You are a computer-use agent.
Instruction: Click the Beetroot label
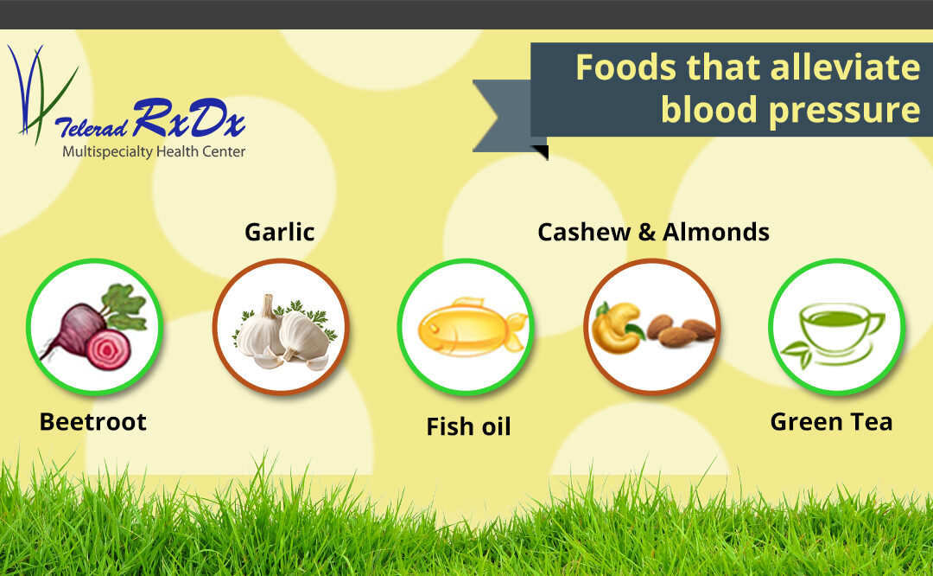tap(92, 422)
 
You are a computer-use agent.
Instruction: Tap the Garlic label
tap(280, 232)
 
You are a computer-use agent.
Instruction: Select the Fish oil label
tap(469, 426)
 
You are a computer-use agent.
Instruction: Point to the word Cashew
tap(584, 232)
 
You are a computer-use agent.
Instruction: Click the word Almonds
tap(716, 232)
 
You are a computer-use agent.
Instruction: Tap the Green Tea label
tap(831, 422)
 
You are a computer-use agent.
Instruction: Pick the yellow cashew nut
tap(617, 328)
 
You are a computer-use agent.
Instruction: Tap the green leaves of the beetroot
tap(124, 306)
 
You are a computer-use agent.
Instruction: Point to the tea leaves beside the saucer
tap(797, 353)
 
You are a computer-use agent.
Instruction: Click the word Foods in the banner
tap(626, 67)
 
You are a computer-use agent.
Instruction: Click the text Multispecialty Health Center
tap(154, 151)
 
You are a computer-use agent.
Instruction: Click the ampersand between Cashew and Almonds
tap(647, 233)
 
